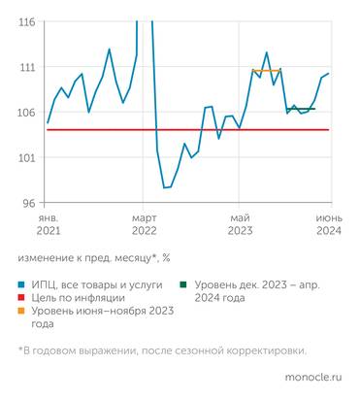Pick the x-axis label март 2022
click(x=144, y=225)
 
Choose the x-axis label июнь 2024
click(x=328, y=225)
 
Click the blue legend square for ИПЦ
click(x=22, y=285)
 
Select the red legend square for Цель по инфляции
click(x=22, y=299)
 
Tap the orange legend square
click(x=22, y=313)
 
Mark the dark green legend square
click(x=183, y=285)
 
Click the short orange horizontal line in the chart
click(x=266, y=70)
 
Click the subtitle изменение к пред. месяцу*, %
click(x=93, y=257)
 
